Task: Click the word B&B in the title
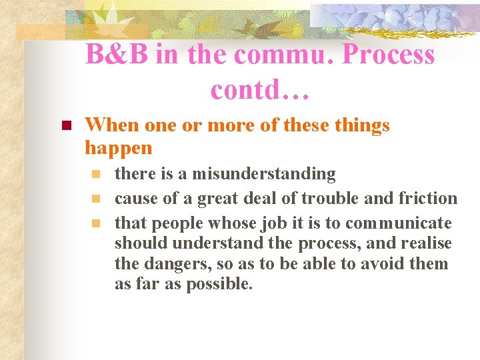[118, 55]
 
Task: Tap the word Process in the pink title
[388, 55]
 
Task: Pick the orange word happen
[119, 147]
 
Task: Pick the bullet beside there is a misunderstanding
[97, 175]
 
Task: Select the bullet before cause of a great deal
[97, 199]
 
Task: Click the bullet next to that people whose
[97, 223]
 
